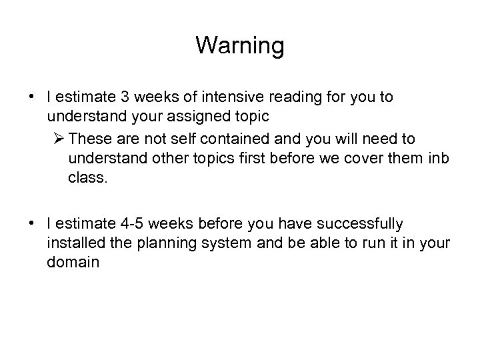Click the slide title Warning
click(x=240, y=46)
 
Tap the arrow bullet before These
click(x=57, y=139)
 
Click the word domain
click(x=73, y=263)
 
